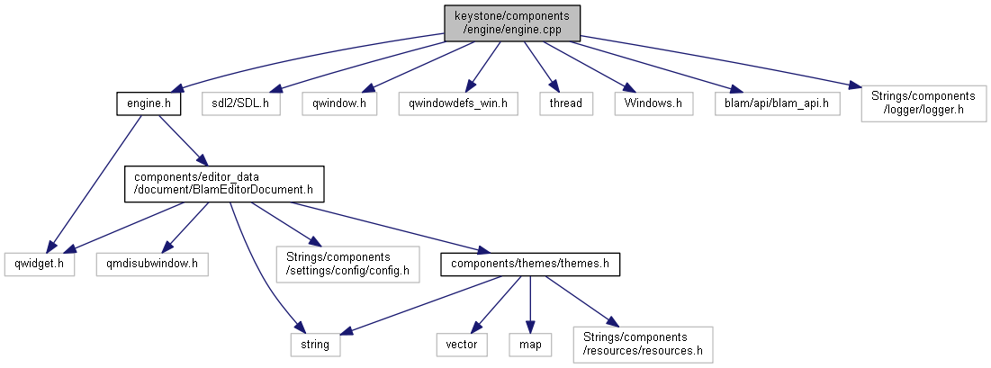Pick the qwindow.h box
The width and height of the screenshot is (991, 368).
pyautogui.click(x=338, y=103)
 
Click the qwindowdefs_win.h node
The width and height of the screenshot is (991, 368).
pyautogui.click(x=458, y=103)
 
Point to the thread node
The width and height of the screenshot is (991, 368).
pyautogui.click(x=567, y=103)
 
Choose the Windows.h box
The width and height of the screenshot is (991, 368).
pyautogui.click(x=653, y=103)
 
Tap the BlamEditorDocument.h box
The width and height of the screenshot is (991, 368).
pyautogui.click(x=223, y=183)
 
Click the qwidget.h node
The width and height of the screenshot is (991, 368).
pyautogui.click(x=39, y=264)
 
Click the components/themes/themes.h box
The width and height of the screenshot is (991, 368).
pyautogui.click(x=530, y=264)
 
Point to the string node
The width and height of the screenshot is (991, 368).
pyautogui.click(x=315, y=344)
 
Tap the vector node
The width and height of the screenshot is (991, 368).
pyautogui.click(x=462, y=344)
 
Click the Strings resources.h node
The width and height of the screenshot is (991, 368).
pyautogui.click(x=642, y=344)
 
